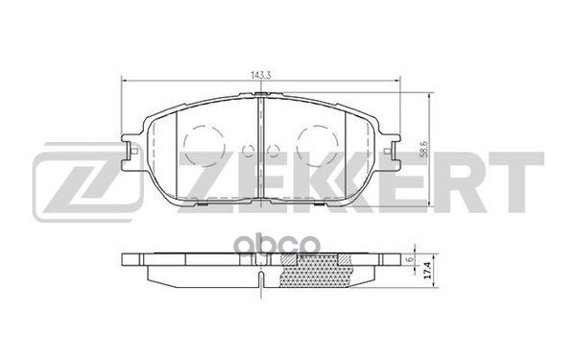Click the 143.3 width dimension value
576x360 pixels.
[x=261, y=75]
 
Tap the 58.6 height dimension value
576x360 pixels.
[x=424, y=150]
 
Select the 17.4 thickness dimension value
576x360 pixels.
[x=427, y=270]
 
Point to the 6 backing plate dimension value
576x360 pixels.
[x=411, y=259]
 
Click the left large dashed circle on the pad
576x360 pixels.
[x=204, y=146]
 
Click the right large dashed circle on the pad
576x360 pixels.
[x=318, y=146]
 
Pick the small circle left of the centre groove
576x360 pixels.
[x=249, y=150]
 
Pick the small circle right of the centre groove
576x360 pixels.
[x=274, y=150]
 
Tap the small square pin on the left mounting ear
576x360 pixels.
[x=134, y=151]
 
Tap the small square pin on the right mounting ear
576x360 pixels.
[x=387, y=151]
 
